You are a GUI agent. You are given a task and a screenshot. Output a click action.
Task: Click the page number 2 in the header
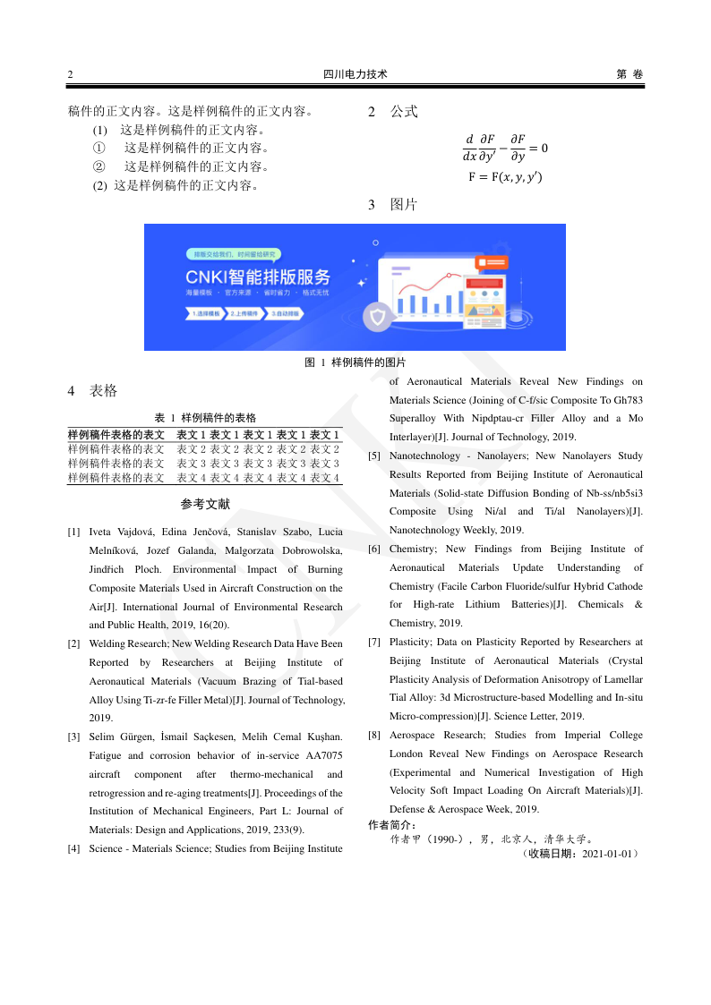[71, 75]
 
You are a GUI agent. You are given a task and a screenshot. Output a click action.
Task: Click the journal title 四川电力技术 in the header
[355, 75]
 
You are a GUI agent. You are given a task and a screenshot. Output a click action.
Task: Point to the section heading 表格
[104, 391]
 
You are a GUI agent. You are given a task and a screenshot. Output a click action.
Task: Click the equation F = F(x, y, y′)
[505, 177]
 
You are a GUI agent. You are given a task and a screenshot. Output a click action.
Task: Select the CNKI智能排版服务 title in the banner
[258, 276]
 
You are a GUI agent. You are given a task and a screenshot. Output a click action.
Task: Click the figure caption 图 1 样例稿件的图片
[355, 362]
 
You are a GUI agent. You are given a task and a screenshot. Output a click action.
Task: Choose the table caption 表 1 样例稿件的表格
[206, 418]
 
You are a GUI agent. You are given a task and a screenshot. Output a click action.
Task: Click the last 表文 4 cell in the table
[324, 478]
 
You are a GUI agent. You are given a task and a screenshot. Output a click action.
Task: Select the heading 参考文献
[205, 505]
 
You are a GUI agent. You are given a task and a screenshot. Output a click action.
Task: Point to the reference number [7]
[374, 642]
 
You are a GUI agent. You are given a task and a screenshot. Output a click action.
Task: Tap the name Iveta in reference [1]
[105, 532]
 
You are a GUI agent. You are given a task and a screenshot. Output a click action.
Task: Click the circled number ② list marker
[99, 166]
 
